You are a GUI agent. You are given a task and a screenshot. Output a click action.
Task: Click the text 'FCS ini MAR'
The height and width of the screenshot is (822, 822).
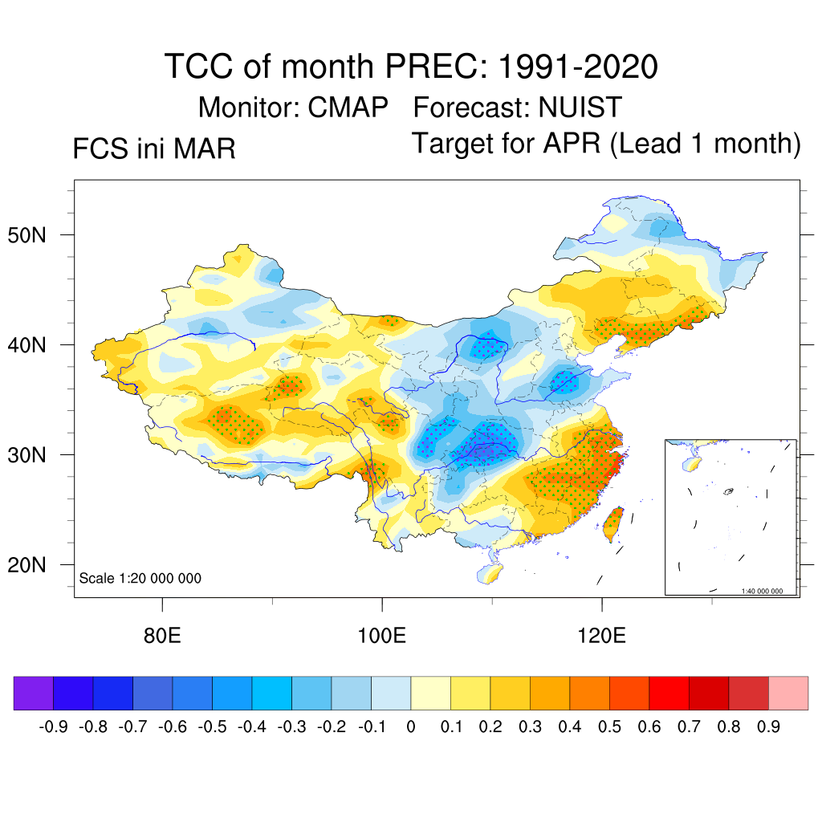[154, 149]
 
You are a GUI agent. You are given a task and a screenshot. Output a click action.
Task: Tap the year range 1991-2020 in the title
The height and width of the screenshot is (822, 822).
[578, 66]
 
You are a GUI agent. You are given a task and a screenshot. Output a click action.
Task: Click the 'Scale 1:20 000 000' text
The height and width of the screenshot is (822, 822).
[140, 579]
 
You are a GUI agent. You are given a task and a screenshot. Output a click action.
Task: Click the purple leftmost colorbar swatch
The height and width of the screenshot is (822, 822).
[34, 693]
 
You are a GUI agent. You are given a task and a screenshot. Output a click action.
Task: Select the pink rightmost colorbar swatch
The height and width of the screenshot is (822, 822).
[788, 693]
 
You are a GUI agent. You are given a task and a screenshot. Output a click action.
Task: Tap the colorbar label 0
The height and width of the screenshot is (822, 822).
[411, 727]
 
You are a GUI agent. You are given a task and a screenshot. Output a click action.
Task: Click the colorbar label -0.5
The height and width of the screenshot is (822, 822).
[212, 727]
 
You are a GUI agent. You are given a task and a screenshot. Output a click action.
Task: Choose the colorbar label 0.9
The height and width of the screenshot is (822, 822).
[769, 727]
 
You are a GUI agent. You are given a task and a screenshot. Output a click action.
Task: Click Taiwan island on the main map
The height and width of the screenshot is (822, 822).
[612, 522]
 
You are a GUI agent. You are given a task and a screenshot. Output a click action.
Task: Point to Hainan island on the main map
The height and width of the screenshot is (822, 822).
[489, 573]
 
